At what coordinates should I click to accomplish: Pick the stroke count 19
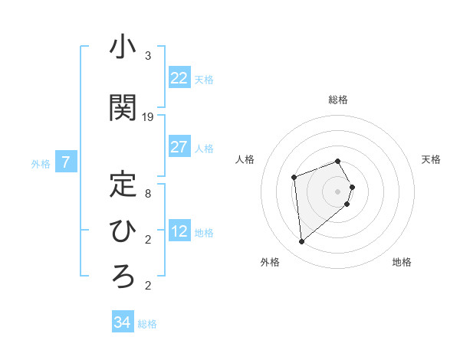click(148, 117)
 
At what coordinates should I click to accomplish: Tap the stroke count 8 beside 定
click(148, 193)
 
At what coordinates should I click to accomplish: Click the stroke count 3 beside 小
click(148, 56)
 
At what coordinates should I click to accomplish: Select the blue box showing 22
click(179, 78)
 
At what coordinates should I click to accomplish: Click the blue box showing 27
click(179, 147)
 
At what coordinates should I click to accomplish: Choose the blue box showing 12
click(179, 231)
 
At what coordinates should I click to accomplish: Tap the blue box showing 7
click(66, 162)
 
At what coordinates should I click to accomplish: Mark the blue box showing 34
click(122, 322)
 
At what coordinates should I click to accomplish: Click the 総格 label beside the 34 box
click(147, 324)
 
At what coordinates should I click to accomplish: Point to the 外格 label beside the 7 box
click(41, 163)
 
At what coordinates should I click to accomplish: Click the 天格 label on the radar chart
click(431, 159)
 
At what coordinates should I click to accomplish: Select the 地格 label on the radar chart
click(402, 262)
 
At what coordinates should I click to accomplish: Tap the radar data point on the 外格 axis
click(302, 242)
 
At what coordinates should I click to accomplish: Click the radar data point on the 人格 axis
click(294, 178)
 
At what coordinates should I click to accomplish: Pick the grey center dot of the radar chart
click(337, 191)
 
